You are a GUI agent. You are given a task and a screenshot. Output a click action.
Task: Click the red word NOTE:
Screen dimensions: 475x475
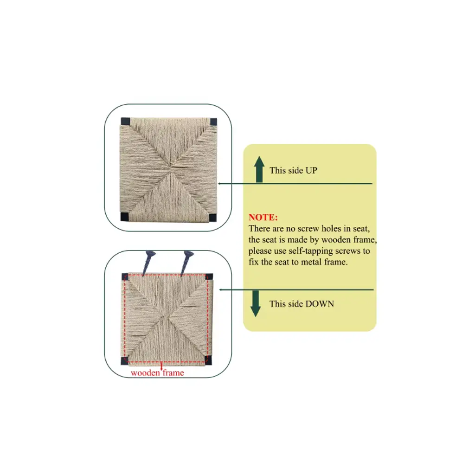click(263, 217)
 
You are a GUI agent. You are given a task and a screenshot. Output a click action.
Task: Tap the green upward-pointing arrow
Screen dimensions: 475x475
click(259, 169)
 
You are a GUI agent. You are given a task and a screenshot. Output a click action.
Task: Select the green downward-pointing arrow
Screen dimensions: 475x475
click(256, 304)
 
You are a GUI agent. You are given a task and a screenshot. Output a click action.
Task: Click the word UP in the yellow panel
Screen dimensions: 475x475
click(311, 170)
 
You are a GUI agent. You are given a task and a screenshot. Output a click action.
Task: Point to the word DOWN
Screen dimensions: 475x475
click(320, 304)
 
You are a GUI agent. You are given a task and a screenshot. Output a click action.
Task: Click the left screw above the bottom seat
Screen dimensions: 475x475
click(148, 263)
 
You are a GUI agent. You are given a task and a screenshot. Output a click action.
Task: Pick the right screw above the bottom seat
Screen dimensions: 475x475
click(186, 263)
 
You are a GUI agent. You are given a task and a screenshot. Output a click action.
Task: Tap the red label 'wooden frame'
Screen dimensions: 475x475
click(157, 372)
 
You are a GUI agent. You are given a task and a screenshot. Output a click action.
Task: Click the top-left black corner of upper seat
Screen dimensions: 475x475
click(125, 122)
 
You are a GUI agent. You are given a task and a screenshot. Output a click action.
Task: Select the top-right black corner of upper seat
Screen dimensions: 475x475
click(213, 122)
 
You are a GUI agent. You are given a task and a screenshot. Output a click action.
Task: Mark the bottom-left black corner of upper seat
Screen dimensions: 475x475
click(124, 216)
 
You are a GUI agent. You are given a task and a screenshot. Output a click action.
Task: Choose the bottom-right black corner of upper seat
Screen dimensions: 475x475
click(212, 218)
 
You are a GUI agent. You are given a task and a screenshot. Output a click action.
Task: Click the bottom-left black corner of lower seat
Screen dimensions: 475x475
click(124, 360)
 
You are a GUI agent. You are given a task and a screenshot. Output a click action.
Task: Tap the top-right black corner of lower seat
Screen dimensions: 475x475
click(209, 277)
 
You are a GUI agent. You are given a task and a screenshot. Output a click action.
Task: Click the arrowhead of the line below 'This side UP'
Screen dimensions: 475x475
click(219, 184)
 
